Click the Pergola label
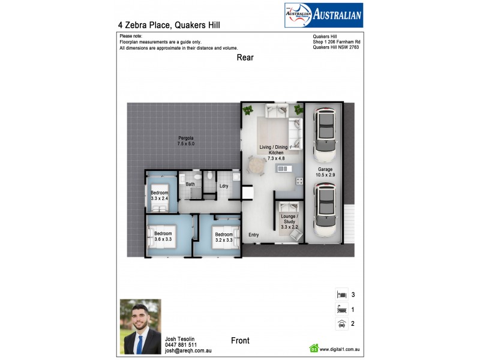pyautogui.click(x=185, y=141)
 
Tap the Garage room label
pyautogui.click(x=325, y=172)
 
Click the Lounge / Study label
pyautogui.click(x=289, y=221)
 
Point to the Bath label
pyautogui.click(x=190, y=184)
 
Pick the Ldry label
pyautogui.click(x=224, y=186)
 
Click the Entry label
pyautogui.click(x=253, y=235)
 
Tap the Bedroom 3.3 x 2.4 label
pyautogui.click(x=159, y=196)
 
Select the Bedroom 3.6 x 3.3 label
pyautogui.click(x=163, y=236)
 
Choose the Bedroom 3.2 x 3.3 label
pyautogui.click(x=224, y=237)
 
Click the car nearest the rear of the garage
pyautogui.click(x=325, y=135)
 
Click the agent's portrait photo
pyautogui.click(x=140, y=326)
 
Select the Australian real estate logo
pyautogui.click(x=323, y=16)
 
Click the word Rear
pyautogui.click(x=245, y=58)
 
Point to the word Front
pyautogui.click(x=240, y=340)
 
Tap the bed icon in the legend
pyautogui.click(x=341, y=295)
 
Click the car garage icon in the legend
pyautogui.click(x=341, y=324)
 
